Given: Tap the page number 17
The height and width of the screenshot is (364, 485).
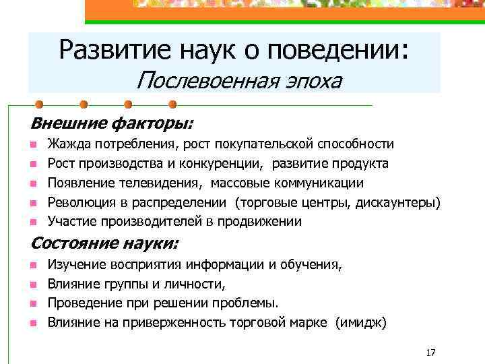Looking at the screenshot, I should [432, 352].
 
